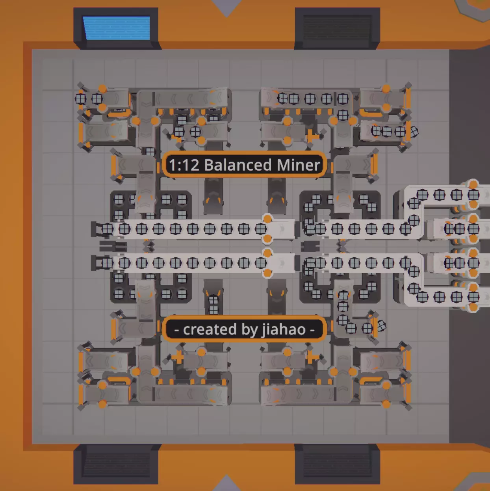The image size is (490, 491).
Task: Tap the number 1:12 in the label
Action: pos(184,165)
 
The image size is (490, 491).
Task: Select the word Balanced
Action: pos(238,165)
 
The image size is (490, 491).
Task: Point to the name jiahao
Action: pos(284,329)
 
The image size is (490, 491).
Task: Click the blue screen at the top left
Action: pos(117,28)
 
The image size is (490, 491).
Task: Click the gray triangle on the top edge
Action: pos(226,7)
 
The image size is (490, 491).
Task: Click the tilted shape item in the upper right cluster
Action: pos(414,132)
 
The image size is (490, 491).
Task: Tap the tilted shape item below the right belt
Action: pos(381,326)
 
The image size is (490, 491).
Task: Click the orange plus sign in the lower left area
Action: pos(178,357)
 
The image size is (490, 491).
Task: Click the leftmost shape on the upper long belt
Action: pos(108,229)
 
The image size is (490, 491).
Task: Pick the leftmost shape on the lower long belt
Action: pos(108,263)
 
